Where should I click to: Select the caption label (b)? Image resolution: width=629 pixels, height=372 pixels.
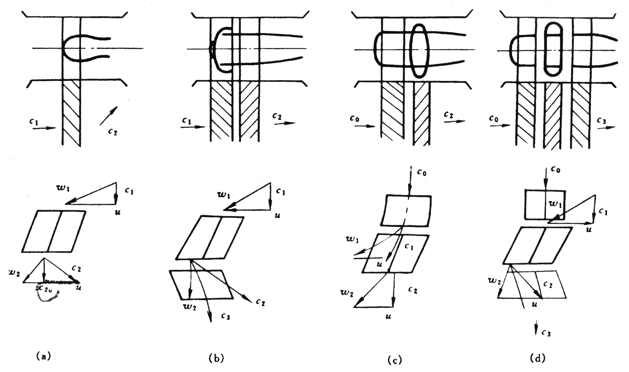[x=216, y=358]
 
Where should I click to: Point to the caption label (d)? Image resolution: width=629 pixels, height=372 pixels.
[x=537, y=358]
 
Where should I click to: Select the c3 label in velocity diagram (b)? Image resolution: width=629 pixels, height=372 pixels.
[x=226, y=316]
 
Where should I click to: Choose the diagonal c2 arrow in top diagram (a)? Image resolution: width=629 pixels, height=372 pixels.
[x=108, y=115]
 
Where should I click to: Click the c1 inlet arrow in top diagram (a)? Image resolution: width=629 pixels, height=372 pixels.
[x=44, y=128]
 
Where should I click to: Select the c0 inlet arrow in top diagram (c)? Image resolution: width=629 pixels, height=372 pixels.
[x=364, y=125]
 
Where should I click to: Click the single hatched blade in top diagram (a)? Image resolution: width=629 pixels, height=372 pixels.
[x=72, y=113]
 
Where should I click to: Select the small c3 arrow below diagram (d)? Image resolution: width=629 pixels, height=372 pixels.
[x=536, y=329]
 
